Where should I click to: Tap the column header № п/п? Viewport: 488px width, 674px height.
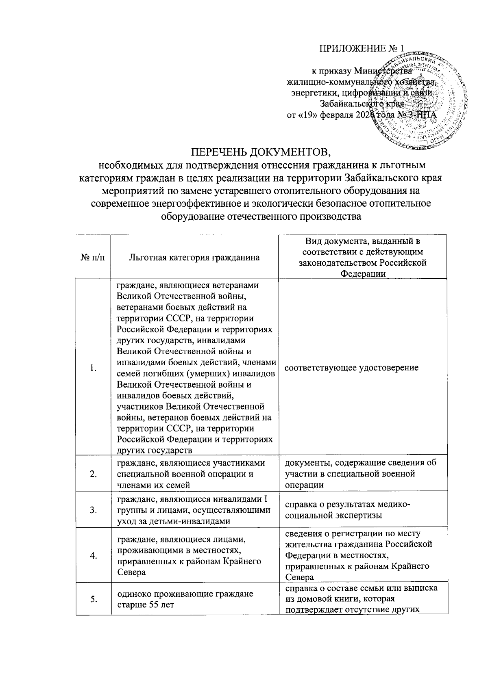point(93,257)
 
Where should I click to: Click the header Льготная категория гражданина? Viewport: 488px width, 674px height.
point(194,257)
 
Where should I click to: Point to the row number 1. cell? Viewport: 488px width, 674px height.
point(93,368)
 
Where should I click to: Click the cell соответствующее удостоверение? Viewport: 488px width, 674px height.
point(351,368)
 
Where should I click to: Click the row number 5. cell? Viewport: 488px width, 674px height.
point(93,599)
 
